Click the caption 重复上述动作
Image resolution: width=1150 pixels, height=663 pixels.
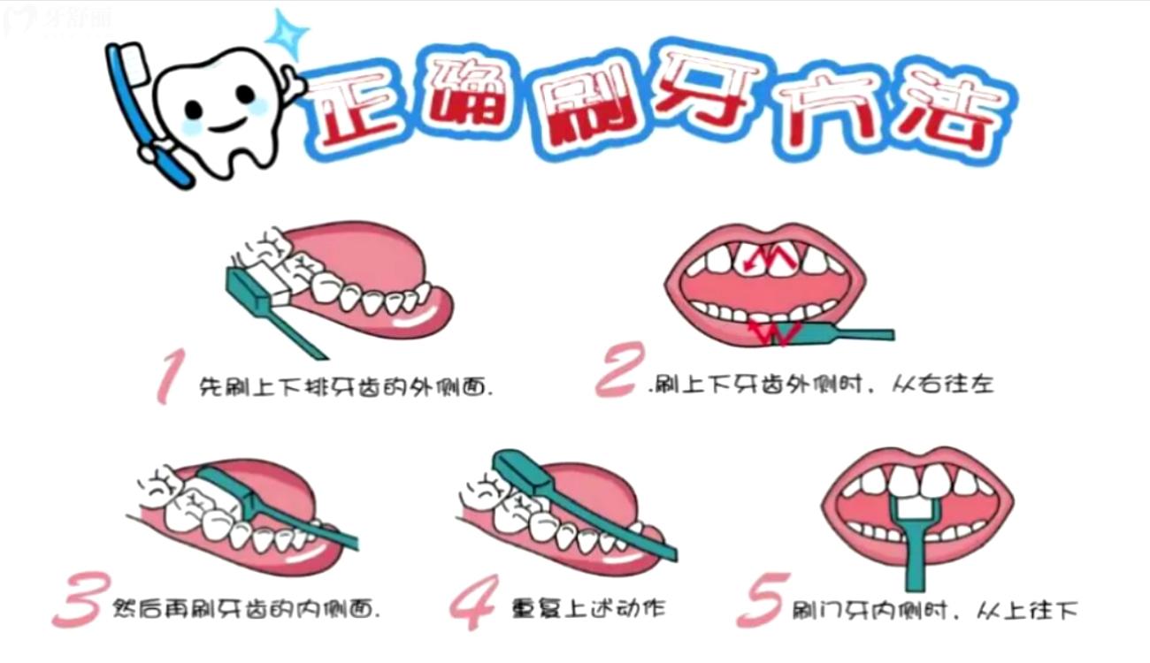tap(587, 608)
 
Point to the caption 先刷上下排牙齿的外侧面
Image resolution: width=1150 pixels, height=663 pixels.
tap(346, 386)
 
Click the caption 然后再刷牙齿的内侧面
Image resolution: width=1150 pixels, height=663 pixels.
tap(247, 608)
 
